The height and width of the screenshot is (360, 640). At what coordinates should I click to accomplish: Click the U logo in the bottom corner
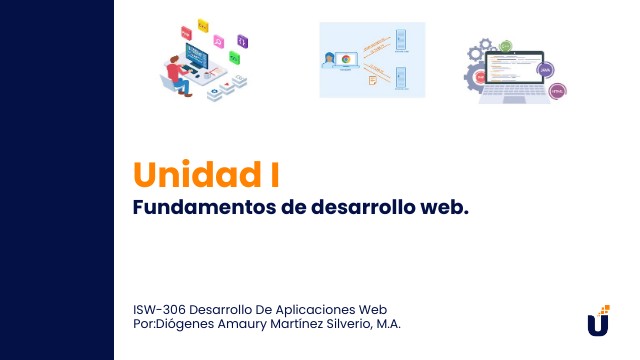pos(598,323)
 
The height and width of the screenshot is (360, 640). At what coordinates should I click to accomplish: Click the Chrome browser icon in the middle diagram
pos(346,59)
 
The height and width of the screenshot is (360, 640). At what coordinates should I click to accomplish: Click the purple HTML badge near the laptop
pos(546,70)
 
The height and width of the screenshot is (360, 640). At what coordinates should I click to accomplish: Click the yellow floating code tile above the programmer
pos(203,23)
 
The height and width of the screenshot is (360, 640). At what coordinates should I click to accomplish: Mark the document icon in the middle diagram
pos(372,78)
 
